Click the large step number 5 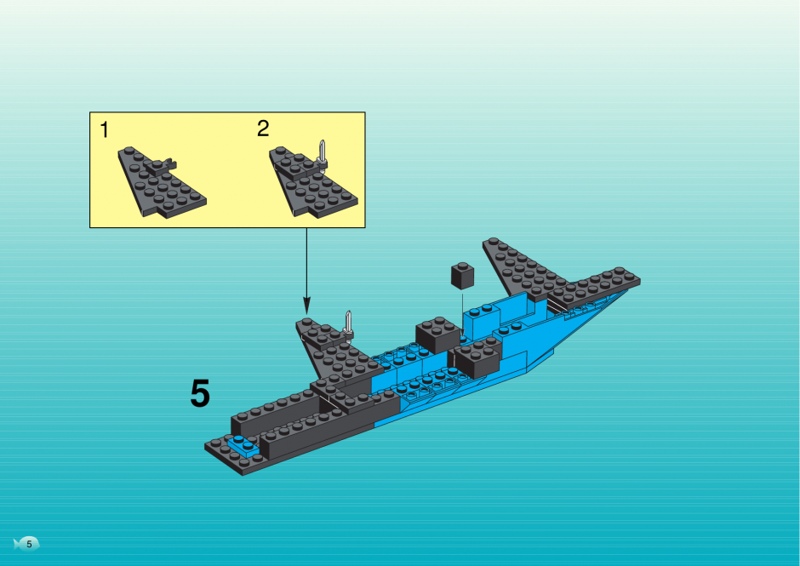(x=200, y=393)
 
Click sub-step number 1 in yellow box (x=105, y=130)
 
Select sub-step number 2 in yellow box (x=263, y=129)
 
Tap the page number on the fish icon (x=29, y=544)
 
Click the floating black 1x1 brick (x=462, y=276)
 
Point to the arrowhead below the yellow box (x=306, y=306)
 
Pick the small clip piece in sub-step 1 (x=163, y=166)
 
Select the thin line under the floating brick (x=463, y=313)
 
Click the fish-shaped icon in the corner (x=26, y=544)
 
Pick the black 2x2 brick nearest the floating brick (x=437, y=334)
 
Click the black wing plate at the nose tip (x=594, y=288)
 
